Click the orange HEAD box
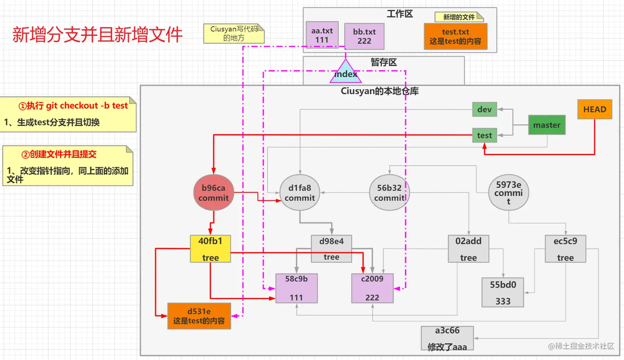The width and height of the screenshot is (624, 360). click(595, 109)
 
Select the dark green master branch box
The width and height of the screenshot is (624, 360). click(547, 125)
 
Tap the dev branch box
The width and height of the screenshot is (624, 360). click(485, 109)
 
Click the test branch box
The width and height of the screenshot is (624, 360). click(485, 135)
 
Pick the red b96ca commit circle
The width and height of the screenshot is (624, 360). click(214, 192)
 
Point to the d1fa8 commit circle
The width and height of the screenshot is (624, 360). click(300, 192)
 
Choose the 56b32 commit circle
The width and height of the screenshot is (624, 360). click(389, 192)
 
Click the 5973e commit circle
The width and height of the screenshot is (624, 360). click(509, 192)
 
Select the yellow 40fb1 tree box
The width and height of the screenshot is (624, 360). click(210, 249)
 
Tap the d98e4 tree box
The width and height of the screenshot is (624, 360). click(331, 249)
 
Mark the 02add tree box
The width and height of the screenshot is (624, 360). click(468, 249)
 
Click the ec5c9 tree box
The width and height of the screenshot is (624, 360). click(565, 249)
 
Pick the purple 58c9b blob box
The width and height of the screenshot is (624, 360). click(296, 288)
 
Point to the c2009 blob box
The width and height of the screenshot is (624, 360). click(372, 288)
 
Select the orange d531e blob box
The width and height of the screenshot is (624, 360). click(199, 316)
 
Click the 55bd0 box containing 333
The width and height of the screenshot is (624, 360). click(503, 292)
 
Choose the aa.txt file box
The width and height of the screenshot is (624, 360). click(322, 35)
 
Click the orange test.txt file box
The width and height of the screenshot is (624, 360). click(456, 36)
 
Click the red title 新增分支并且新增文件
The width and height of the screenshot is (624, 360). click(97, 35)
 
